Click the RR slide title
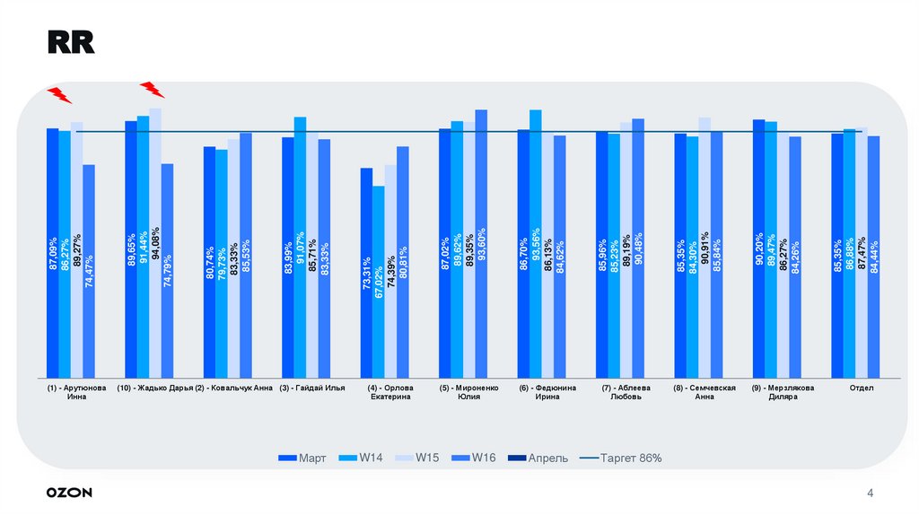71,43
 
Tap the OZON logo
69,493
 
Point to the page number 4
870,493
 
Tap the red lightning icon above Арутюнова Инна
59,94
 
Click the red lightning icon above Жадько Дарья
153,88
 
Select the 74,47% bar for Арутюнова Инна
89,269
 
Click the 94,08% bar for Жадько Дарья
155,242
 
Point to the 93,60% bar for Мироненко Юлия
481,242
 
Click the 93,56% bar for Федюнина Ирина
536,242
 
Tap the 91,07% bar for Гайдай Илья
300,247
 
